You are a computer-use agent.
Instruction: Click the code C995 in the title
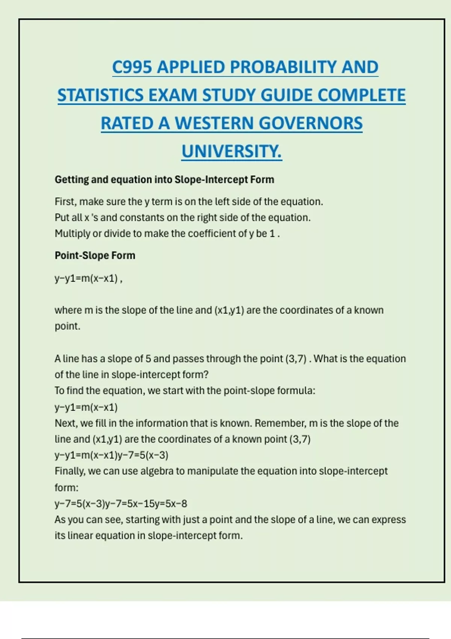pyautogui.click(x=132, y=67)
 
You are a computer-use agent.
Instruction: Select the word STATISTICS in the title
pyautogui.click(x=100, y=95)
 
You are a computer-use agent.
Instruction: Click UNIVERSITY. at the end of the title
pyautogui.click(x=232, y=151)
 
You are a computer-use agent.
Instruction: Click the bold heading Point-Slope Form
pyautogui.click(x=95, y=256)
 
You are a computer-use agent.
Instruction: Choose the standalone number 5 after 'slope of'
pyautogui.click(x=148, y=359)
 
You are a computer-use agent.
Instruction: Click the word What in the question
pyautogui.click(x=325, y=359)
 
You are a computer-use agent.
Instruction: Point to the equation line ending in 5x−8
pyautogui.click(x=121, y=504)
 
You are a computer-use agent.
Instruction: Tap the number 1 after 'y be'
pyautogui.click(x=272, y=234)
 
